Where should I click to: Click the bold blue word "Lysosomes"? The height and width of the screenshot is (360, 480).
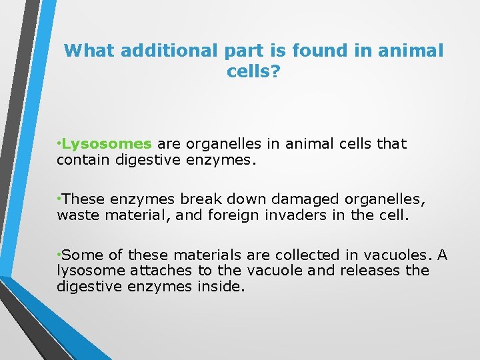pyautogui.click(x=107, y=144)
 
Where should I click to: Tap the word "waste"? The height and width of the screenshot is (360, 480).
pyautogui.click(x=77, y=215)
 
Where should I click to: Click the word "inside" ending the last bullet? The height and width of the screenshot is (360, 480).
pyautogui.click(x=223, y=287)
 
